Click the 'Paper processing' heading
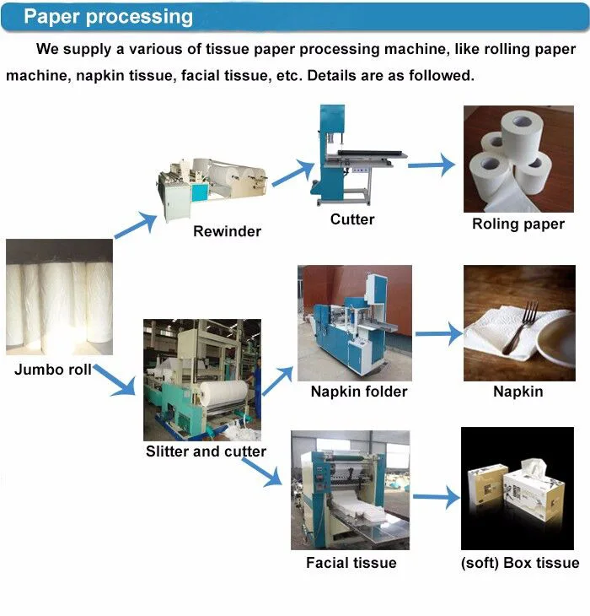point(108,17)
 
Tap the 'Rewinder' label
point(227,231)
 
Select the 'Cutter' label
point(352,219)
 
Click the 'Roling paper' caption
point(518,224)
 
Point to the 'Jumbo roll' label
point(53,370)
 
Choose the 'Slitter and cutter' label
point(206,451)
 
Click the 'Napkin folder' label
point(358,392)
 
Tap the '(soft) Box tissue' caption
point(520,563)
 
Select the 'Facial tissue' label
point(351,563)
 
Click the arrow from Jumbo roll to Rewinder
point(136,225)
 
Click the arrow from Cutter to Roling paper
point(432,165)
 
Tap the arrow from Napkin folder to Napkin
point(438,335)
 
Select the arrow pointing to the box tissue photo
point(433,500)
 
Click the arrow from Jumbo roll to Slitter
point(115,381)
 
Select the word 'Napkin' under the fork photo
point(518,392)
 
